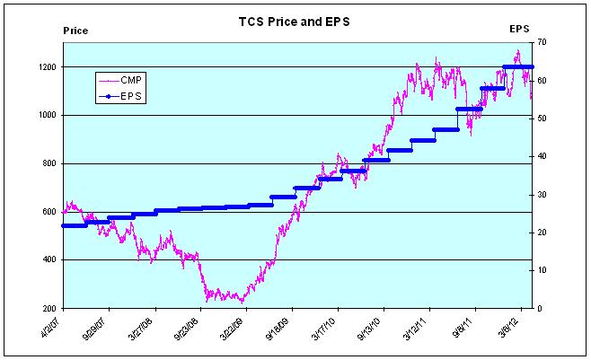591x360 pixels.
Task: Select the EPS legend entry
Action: (131, 95)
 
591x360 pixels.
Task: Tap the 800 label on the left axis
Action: (49, 164)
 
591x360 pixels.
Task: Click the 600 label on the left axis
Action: (49, 213)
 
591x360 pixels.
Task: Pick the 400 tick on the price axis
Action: (49, 260)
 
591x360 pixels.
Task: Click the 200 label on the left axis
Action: (49, 309)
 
